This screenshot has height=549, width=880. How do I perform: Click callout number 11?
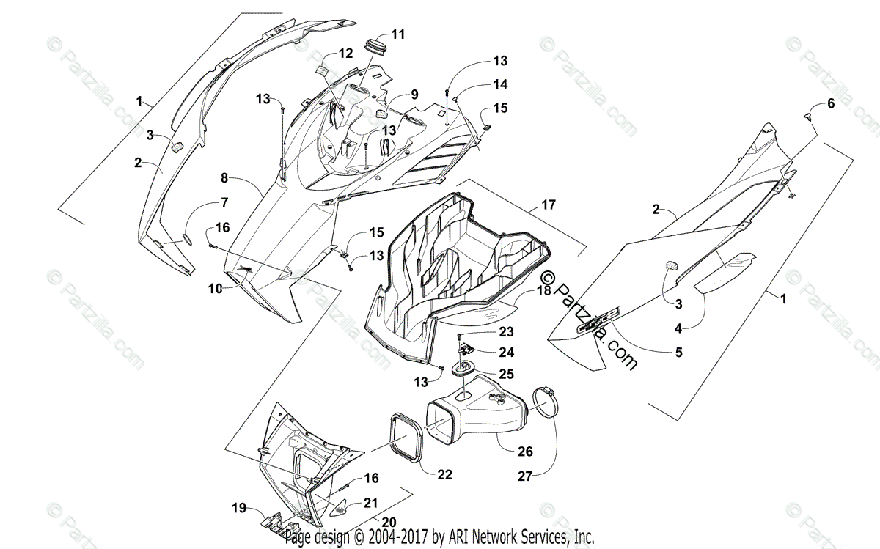point(398,34)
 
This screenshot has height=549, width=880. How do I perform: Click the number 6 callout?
point(831,104)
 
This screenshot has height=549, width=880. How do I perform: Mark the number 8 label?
point(225,178)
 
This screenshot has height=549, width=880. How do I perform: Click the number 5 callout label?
point(678,352)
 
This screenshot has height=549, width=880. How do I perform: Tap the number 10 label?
point(213,289)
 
